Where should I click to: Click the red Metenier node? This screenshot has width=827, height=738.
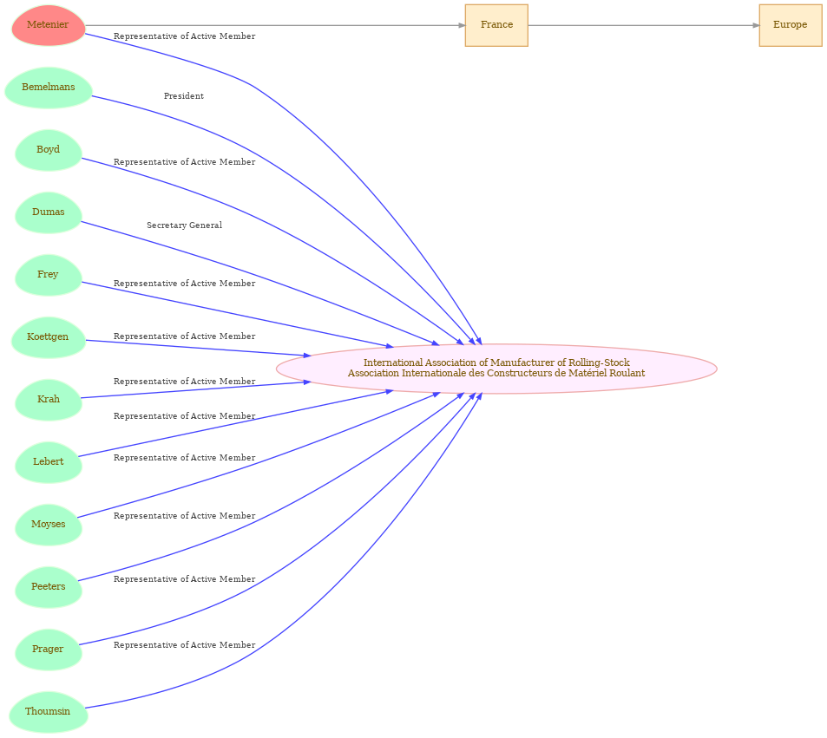(48, 25)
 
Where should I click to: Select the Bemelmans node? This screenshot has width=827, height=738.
(48, 88)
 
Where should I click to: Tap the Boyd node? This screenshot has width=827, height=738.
(48, 150)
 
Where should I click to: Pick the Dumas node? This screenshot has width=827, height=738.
(48, 212)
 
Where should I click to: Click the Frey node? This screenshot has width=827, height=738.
(48, 275)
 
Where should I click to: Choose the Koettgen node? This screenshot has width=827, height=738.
(48, 337)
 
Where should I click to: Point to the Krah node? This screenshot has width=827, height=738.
(48, 400)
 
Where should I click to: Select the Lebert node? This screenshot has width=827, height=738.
(48, 462)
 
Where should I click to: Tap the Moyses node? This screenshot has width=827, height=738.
(48, 525)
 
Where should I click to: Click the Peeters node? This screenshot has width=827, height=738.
(48, 587)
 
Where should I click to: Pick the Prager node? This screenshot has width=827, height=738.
(48, 650)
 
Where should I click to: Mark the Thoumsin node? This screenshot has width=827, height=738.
(48, 712)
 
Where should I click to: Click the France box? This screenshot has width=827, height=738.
(496, 25)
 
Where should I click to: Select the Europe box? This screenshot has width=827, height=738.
(791, 25)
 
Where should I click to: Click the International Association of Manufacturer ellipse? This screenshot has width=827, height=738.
(496, 369)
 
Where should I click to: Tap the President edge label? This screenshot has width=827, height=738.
(184, 96)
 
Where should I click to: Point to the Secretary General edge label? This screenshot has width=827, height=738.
(184, 225)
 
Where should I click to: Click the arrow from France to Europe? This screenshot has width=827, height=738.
(643, 25)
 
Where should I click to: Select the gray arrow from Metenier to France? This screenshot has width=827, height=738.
(275, 25)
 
